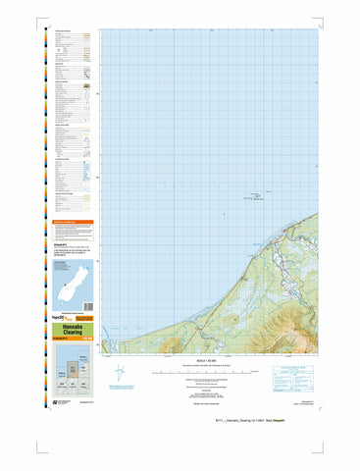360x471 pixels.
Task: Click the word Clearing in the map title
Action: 73,332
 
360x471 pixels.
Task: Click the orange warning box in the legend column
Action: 73,224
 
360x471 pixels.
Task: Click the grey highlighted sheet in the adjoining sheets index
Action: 72,369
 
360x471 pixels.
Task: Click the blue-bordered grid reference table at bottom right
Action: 293,378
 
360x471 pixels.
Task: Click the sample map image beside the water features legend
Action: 85,172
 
